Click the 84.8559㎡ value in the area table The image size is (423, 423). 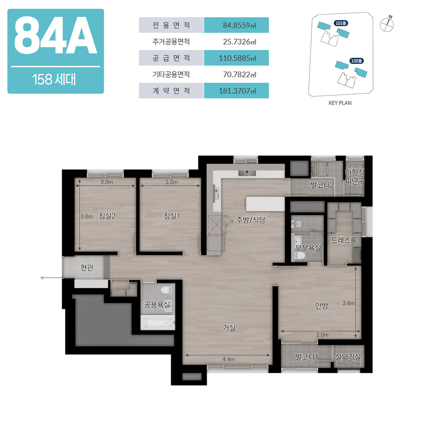(x=239, y=25)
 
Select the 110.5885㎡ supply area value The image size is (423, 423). (x=237, y=58)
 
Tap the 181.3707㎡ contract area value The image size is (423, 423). (x=237, y=91)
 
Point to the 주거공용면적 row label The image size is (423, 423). (x=171, y=42)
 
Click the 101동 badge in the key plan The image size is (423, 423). (x=341, y=23)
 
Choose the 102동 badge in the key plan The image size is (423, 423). (x=356, y=61)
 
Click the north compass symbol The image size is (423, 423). (x=387, y=24)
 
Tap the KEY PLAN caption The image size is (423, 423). (x=340, y=103)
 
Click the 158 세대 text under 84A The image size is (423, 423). (x=54, y=79)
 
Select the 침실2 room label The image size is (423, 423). (x=107, y=216)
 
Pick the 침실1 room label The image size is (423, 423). (x=172, y=216)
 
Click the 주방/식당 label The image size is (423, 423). (x=251, y=220)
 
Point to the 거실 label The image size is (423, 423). (x=229, y=328)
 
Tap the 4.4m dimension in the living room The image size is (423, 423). (x=228, y=359)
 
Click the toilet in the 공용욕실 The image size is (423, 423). (x=166, y=290)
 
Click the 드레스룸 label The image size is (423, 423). (x=344, y=240)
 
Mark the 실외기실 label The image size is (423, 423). (x=348, y=357)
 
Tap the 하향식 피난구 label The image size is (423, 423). (x=355, y=177)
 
